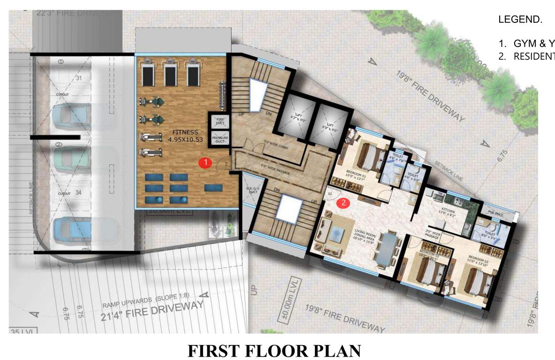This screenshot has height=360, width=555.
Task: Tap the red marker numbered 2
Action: (x=344, y=203)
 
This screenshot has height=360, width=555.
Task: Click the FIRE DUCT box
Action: (x=219, y=121)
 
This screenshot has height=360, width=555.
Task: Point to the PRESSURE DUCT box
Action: (x=219, y=139)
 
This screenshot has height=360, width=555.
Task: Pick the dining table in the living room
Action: (x=388, y=248)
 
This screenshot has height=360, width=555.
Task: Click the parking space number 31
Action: (x=79, y=78)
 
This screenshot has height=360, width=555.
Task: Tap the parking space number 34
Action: (x=79, y=193)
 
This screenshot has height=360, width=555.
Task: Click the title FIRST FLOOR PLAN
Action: (x=274, y=351)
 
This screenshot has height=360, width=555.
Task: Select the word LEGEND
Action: (x=520, y=20)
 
